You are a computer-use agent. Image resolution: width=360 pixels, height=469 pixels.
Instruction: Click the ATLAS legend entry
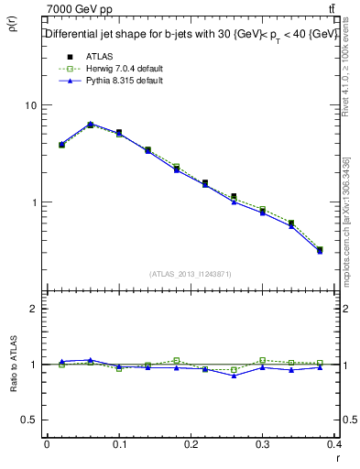[x=98, y=57]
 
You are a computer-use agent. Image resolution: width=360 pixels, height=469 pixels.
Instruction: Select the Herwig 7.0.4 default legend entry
[x=118, y=69]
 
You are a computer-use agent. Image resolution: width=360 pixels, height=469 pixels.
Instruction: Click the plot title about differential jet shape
[x=191, y=34]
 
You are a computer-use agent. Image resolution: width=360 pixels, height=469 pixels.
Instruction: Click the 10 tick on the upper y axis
[x=31, y=105]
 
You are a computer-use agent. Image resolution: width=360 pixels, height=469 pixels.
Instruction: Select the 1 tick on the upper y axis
[x=35, y=202]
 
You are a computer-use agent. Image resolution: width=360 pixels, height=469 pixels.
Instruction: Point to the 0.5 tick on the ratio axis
[x=29, y=420]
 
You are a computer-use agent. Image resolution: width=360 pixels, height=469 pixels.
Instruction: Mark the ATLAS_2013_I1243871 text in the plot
[x=191, y=274]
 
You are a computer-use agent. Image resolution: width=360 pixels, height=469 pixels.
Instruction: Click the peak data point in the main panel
[x=91, y=124]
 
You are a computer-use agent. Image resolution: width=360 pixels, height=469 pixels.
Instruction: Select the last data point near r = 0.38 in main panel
[x=320, y=249]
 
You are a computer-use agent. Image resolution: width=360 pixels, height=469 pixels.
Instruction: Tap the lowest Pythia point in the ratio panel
[x=235, y=376]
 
